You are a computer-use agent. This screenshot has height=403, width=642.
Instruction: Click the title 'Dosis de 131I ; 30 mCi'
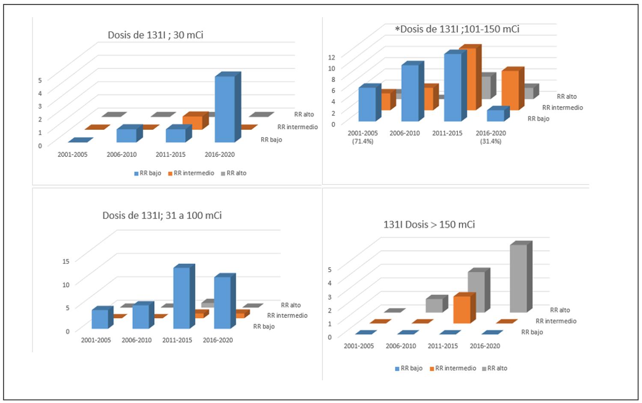[155, 35]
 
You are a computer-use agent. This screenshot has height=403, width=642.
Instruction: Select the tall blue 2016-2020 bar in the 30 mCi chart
[225, 109]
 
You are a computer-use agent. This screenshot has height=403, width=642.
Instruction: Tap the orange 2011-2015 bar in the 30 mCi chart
[192, 123]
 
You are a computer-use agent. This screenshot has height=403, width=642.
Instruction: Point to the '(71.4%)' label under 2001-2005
[363, 141]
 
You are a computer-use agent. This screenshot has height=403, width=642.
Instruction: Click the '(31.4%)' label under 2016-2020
[490, 141]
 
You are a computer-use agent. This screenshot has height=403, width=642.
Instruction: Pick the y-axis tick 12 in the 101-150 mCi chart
[331, 57]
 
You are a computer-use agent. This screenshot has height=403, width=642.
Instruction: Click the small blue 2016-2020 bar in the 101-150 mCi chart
[496, 115]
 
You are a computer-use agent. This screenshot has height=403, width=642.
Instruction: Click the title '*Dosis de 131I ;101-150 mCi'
[457, 29]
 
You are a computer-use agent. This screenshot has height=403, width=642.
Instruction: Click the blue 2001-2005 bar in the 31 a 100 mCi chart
[100, 319]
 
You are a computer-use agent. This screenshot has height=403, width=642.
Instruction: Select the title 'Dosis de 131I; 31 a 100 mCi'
[162, 215]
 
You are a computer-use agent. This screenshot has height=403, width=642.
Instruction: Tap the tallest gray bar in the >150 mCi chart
[518, 278]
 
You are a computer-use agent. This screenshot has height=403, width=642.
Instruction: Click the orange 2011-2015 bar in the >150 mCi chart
[462, 309]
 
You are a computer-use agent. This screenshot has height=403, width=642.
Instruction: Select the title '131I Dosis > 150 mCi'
[429, 224]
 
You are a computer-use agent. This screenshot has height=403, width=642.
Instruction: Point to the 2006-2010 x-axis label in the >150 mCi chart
[401, 346]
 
